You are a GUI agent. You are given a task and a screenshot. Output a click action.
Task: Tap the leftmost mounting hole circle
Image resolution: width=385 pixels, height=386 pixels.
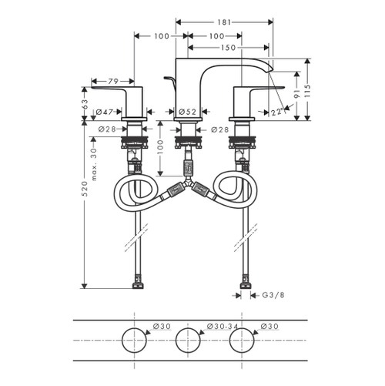click(136, 339)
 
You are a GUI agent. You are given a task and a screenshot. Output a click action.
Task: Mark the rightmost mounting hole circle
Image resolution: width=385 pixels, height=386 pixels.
click(242, 339)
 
